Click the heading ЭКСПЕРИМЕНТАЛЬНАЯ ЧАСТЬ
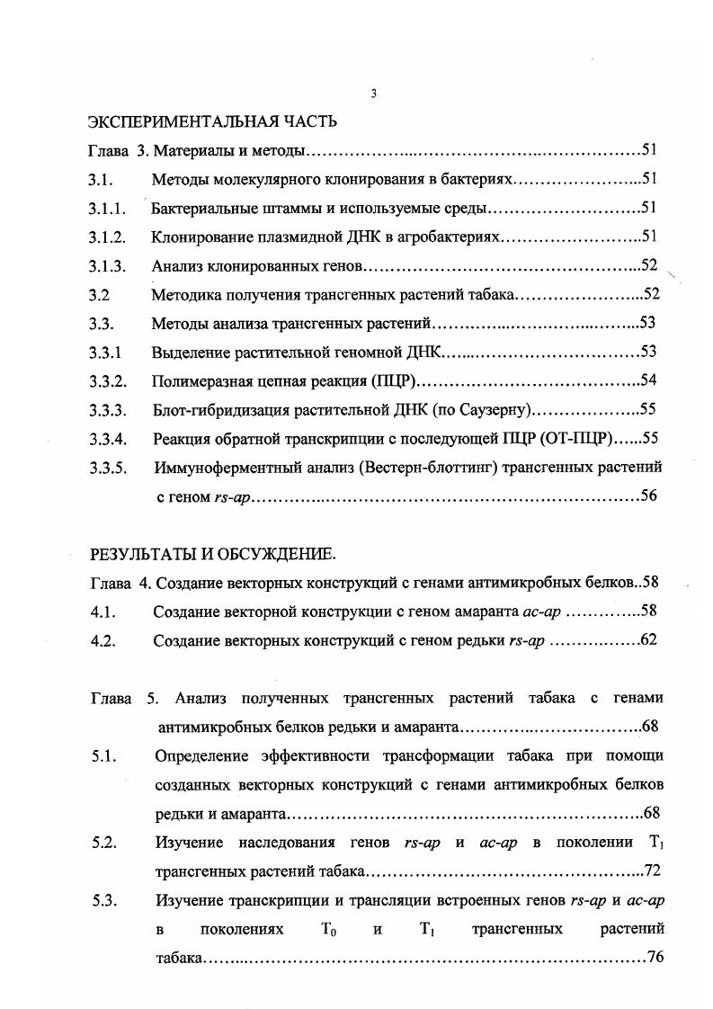click(x=212, y=121)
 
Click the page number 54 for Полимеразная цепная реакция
click(x=647, y=379)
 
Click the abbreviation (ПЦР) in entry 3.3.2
click(x=393, y=380)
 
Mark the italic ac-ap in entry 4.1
click(x=542, y=612)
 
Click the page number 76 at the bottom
click(x=655, y=958)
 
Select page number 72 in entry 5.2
click(x=654, y=871)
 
